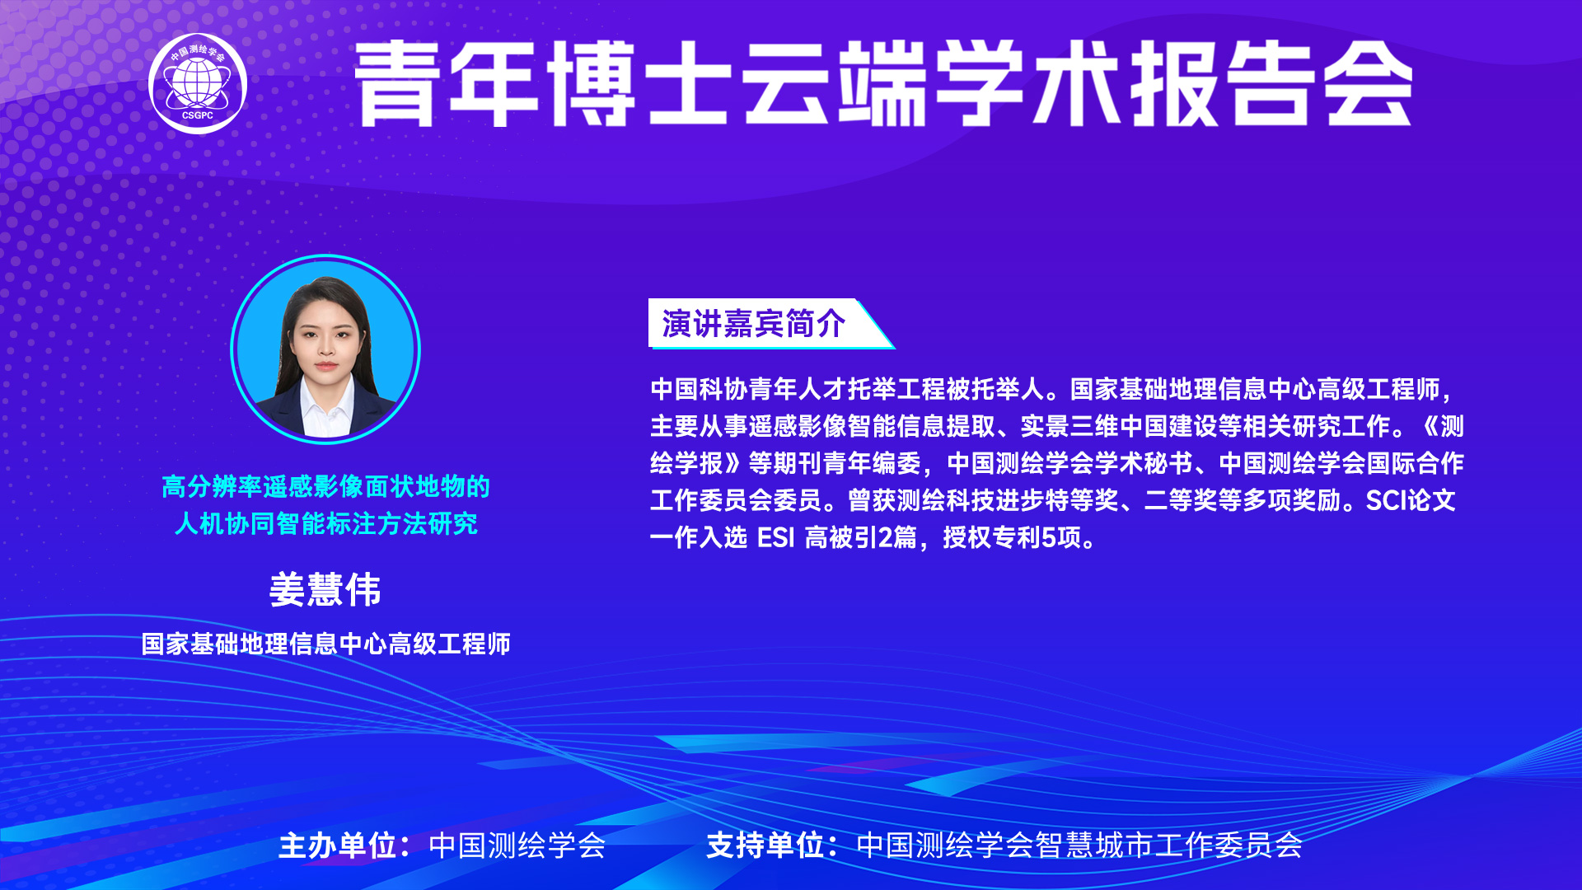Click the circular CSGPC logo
point(198,83)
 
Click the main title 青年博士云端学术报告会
point(883,83)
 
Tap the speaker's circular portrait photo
point(325,349)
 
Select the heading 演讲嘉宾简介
point(753,324)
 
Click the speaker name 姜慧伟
point(325,590)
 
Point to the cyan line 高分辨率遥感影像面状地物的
point(326,487)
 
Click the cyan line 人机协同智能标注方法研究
point(326,523)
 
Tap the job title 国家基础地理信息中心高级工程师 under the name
point(326,644)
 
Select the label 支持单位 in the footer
point(765,845)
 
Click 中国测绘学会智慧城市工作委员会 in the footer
point(1079,845)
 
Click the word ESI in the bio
point(775,538)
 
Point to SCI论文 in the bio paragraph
point(1411,500)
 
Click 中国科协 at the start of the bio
point(700,389)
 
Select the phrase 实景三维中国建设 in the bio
point(1119,426)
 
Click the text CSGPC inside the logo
point(198,115)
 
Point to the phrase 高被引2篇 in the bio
point(861,538)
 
